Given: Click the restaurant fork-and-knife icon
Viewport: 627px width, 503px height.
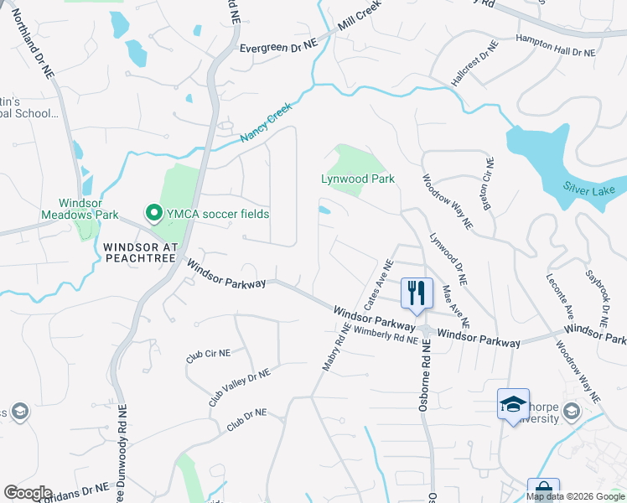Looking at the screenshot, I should tap(417, 293).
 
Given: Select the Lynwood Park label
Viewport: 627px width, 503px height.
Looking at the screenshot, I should tap(358, 179).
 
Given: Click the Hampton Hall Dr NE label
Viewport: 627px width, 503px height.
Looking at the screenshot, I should tap(555, 45).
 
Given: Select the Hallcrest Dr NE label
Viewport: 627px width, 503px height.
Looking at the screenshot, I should tap(471, 67).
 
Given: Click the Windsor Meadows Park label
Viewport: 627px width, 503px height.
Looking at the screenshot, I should tap(80, 208).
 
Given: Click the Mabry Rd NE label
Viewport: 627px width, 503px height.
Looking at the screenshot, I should tap(335, 347).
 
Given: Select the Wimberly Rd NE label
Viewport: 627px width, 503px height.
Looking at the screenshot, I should tap(386, 335).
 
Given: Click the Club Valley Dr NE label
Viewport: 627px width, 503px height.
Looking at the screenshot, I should tap(239, 387).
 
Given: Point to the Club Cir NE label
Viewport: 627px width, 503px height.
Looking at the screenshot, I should tap(207, 356).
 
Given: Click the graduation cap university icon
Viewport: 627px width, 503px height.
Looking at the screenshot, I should tap(512, 404).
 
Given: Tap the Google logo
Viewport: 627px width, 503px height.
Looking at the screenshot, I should tap(28, 493).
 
